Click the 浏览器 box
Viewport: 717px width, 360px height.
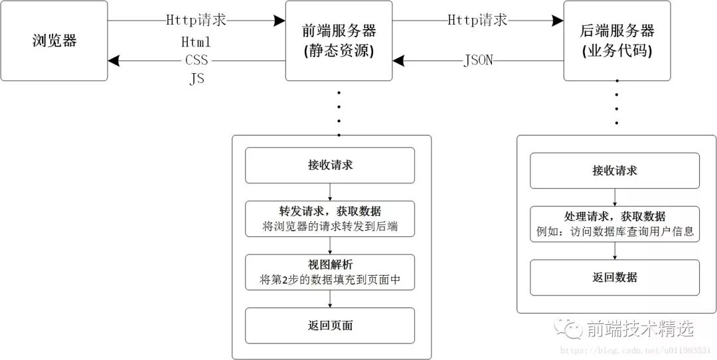point(54,41)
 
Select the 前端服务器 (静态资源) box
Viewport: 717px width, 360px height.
point(339,41)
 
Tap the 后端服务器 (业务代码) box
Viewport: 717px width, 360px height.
point(617,41)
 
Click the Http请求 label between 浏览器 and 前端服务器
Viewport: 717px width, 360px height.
point(197,20)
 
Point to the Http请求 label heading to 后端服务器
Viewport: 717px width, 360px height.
point(478,20)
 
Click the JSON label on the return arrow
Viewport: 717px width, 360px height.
point(478,61)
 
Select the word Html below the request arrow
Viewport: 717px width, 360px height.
point(196,42)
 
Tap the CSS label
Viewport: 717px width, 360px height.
point(197,60)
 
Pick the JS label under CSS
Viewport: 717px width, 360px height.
point(197,78)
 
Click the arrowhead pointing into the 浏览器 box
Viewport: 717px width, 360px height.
point(114,61)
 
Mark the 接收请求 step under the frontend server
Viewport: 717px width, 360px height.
point(330,165)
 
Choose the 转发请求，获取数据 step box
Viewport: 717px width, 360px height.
point(330,219)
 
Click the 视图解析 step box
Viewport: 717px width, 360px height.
point(330,272)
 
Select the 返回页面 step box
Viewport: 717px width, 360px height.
point(330,325)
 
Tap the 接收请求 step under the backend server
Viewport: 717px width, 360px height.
point(614,171)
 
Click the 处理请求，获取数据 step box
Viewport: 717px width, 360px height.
point(614,224)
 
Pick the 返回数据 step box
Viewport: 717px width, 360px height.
point(614,277)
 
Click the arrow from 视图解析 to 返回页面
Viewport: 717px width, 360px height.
point(330,298)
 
